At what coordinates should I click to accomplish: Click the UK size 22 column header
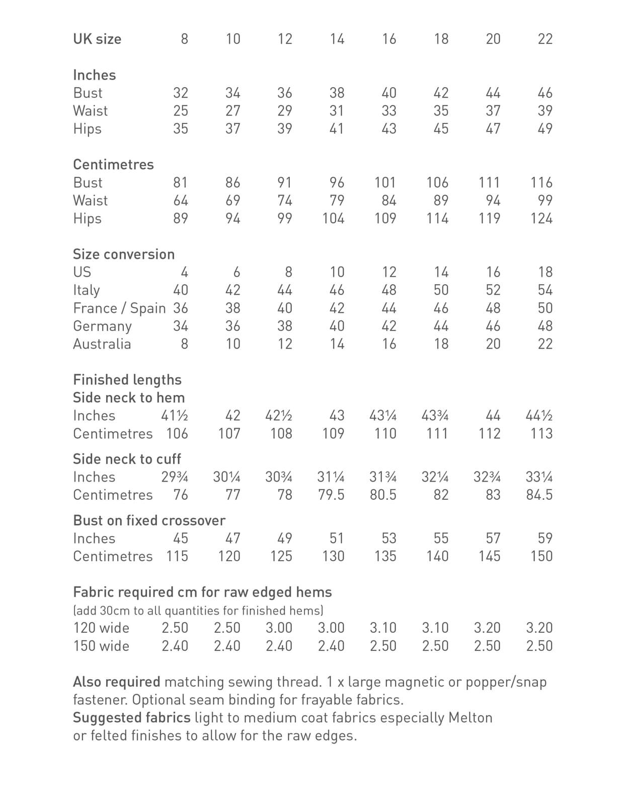pos(544,39)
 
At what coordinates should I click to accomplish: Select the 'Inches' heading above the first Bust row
pos(94,75)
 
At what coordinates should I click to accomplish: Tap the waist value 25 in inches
pos(180,111)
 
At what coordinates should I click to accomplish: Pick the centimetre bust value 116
pos(541,182)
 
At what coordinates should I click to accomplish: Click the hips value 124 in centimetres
pos(541,219)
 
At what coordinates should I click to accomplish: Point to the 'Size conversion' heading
pos(124,254)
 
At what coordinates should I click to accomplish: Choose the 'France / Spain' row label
pos(119,308)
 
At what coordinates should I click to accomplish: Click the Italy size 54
pos(544,290)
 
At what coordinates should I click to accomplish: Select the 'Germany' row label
pos(102,326)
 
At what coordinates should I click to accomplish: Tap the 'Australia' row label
pos(102,344)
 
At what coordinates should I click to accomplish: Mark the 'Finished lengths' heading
pos(127,380)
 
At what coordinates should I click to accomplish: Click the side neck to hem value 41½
pos(174,416)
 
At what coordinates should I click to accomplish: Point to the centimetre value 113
pos(541,434)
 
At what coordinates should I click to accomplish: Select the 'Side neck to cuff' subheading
pos(127,459)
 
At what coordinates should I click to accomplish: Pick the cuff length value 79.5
pos(331,495)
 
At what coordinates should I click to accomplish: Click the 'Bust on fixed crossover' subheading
pos(149,520)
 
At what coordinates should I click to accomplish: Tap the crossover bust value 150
pos(541,557)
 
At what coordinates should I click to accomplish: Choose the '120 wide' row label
pos(101,628)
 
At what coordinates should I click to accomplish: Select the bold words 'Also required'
pos(116,682)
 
